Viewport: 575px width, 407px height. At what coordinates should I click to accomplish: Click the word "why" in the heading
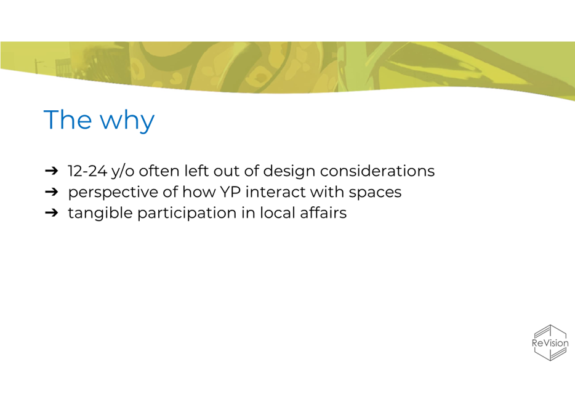[x=127, y=120]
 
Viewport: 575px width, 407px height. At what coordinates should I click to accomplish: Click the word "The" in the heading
[x=68, y=119]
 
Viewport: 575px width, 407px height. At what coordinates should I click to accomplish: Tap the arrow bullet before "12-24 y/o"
[x=51, y=171]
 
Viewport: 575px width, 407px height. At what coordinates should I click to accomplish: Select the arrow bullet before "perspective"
[x=51, y=191]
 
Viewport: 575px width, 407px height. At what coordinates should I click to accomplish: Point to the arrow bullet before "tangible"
[x=51, y=212]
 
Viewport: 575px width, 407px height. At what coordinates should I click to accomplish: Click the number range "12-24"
[x=87, y=171]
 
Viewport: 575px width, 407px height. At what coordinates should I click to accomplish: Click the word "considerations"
[x=377, y=171]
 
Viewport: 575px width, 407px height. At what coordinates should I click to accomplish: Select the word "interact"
[x=276, y=191]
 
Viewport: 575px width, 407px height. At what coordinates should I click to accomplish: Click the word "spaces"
[x=375, y=193]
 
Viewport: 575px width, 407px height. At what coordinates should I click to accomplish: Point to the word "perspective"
[x=113, y=193]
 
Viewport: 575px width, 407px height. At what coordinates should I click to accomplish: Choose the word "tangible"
[x=100, y=214]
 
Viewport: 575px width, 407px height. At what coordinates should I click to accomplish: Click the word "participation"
[x=187, y=214]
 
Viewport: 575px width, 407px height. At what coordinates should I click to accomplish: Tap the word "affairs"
[x=323, y=212]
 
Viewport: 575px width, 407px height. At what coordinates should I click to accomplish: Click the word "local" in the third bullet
[x=278, y=212]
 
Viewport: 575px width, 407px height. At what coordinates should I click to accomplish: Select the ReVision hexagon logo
[x=550, y=343]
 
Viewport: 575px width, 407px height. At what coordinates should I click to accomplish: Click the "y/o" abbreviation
[x=123, y=172]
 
